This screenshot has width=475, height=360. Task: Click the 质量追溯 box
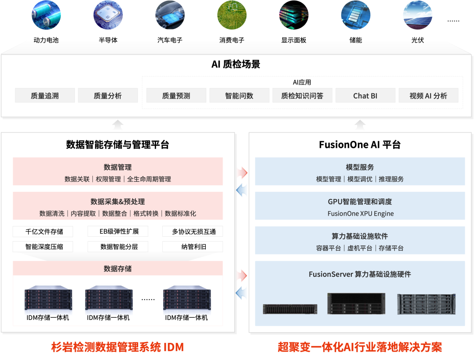pyautogui.click(x=45, y=96)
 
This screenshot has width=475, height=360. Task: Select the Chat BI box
pyautogui.click(x=365, y=96)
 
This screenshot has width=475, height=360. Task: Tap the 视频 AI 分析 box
pyautogui.click(x=428, y=96)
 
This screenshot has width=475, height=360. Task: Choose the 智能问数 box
pyautogui.click(x=239, y=96)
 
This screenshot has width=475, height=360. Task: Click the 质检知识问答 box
pyautogui.click(x=302, y=96)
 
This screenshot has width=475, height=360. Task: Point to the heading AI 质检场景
pyautogui.click(x=236, y=64)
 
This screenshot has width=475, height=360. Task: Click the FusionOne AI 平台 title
pyautogui.click(x=360, y=145)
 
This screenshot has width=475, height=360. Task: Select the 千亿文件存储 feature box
pyautogui.click(x=43, y=231)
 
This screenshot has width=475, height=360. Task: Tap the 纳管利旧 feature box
pyautogui.click(x=193, y=246)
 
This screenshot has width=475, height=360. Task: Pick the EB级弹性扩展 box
pyautogui.click(x=118, y=231)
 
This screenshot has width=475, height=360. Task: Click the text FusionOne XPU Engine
pyautogui.click(x=360, y=213)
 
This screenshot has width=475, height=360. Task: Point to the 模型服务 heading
pyautogui.click(x=360, y=167)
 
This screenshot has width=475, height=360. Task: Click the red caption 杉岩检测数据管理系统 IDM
pyautogui.click(x=117, y=347)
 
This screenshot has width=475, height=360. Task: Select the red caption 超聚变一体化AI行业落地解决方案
pyautogui.click(x=360, y=347)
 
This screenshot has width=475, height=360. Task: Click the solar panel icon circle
pyautogui.click(x=417, y=15)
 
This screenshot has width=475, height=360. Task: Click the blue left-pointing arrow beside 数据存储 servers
pyautogui.click(x=242, y=292)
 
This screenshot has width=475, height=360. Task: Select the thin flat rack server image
pyautogui.click(x=290, y=309)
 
